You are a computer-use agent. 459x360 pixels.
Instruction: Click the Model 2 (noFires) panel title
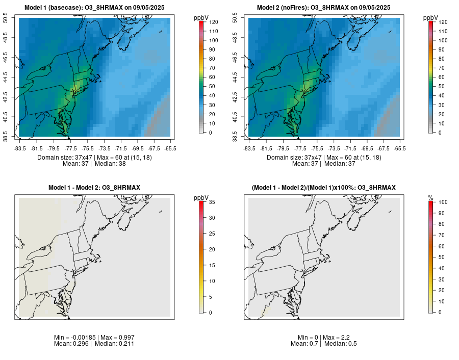tap(324, 8)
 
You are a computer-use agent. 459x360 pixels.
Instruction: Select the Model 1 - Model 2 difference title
tap(94, 188)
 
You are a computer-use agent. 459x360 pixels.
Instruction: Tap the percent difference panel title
tap(324, 188)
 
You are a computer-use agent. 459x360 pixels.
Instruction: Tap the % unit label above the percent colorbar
tap(430, 197)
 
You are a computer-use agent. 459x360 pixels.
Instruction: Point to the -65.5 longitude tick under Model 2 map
tap(400, 148)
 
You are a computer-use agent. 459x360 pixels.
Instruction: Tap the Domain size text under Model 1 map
tap(94, 158)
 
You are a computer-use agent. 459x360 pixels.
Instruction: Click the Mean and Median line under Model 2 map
tap(324, 164)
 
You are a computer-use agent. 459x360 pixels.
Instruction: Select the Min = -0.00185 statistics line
tap(94, 338)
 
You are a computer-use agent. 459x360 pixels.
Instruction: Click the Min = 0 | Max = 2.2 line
tap(324, 338)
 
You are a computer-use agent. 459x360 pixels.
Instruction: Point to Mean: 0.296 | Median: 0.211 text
tap(94, 344)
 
